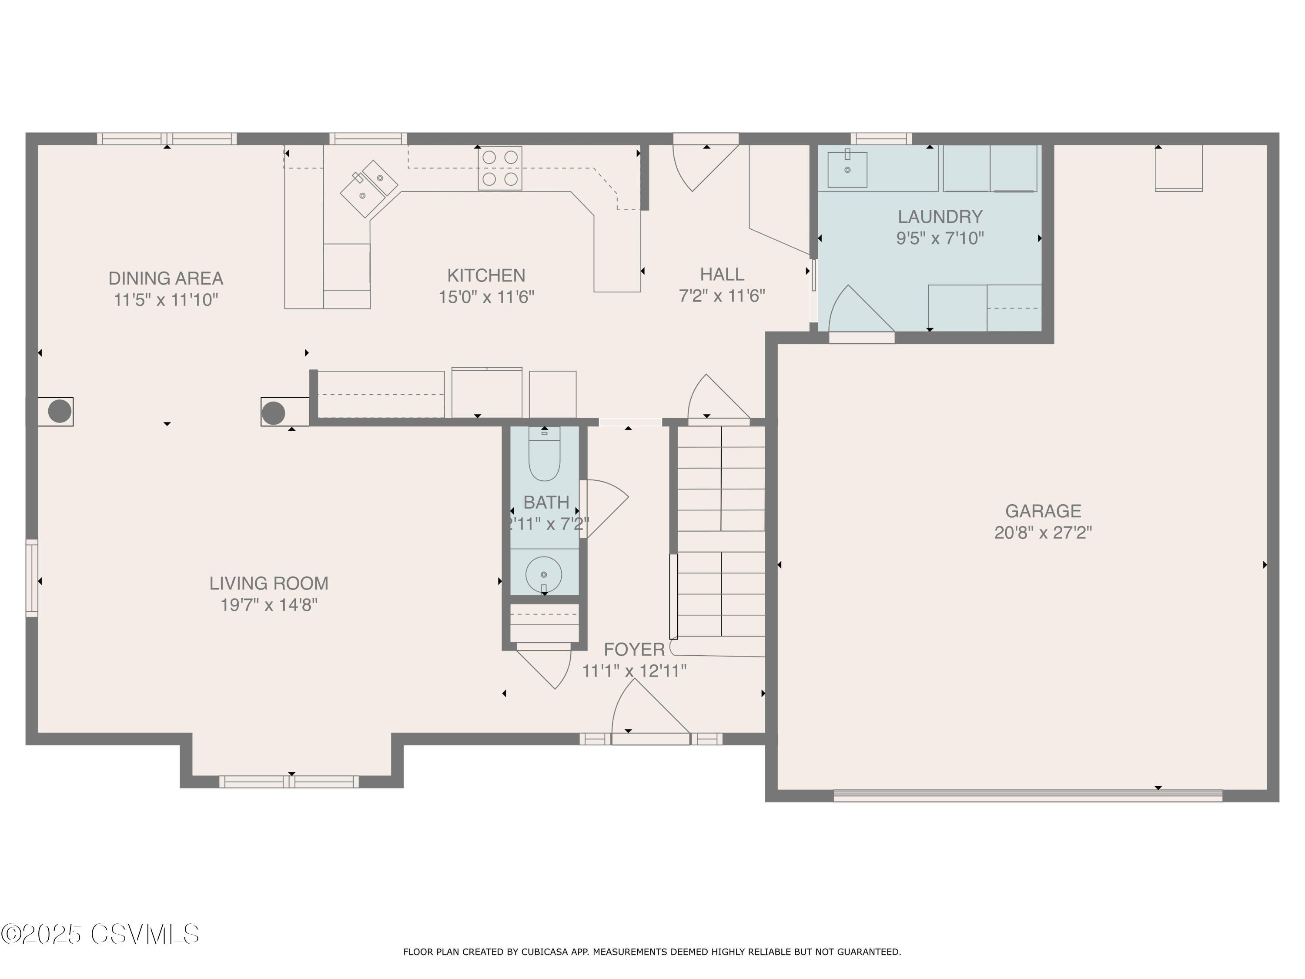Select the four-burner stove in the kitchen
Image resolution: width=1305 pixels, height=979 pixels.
tap(500, 168)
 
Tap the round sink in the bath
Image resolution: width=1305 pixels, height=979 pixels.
tap(543, 573)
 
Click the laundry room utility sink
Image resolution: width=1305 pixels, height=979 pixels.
tap(847, 169)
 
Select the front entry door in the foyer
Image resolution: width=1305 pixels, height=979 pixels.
tap(650, 738)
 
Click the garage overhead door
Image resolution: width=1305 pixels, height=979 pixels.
tap(1028, 796)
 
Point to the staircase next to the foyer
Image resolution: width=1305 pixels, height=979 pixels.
tap(721, 531)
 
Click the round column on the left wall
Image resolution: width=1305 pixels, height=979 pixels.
tap(60, 411)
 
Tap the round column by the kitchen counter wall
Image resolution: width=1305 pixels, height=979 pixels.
tap(273, 412)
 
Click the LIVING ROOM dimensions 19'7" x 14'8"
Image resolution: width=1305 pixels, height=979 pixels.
tap(269, 605)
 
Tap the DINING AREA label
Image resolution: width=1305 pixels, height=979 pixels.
tap(166, 278)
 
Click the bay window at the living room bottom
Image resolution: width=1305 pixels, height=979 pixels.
tap(289, 782)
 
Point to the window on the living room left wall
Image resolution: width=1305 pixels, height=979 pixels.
tap(32, 578)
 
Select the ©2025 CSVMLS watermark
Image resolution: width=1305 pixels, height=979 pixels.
tap(100, 934)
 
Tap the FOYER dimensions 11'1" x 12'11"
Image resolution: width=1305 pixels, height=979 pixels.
tap(634, 671)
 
